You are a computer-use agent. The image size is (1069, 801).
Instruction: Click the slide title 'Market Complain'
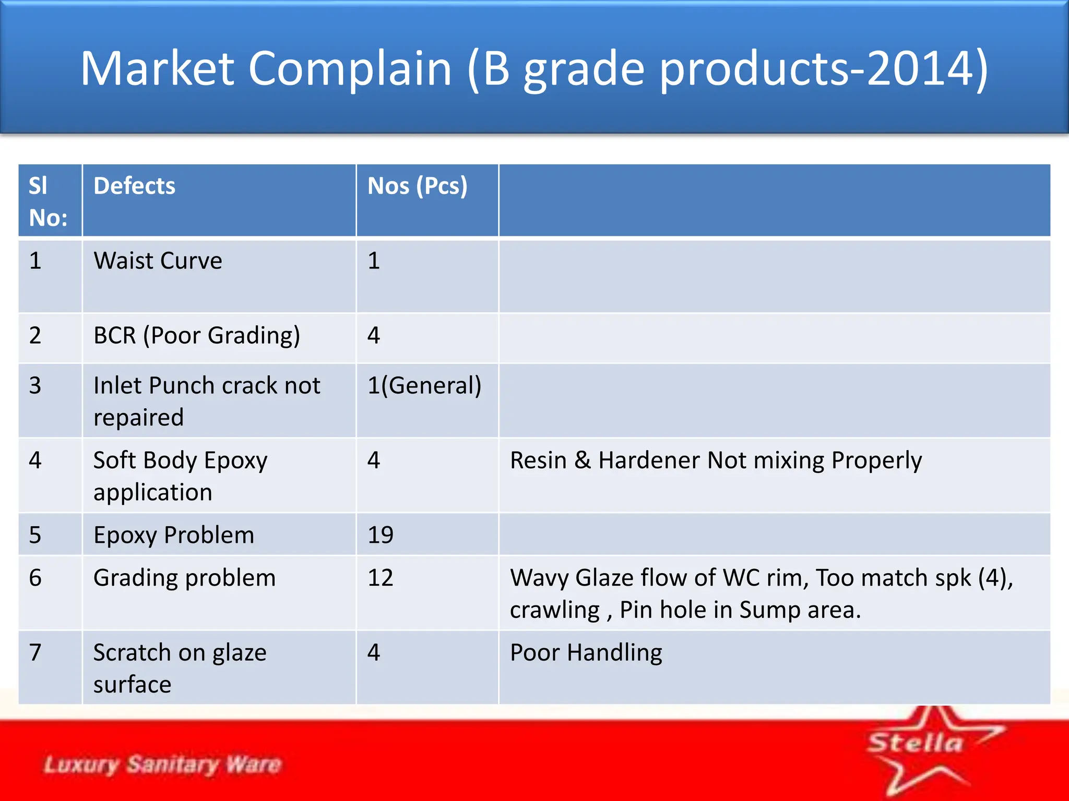point(533,69)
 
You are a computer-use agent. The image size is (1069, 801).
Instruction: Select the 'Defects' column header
point(134,186)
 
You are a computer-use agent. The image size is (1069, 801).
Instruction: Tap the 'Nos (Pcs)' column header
point(417,186)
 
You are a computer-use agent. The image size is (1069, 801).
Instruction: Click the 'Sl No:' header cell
point(47,201)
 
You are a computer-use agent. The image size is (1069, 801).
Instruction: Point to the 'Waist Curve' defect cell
point(158,261)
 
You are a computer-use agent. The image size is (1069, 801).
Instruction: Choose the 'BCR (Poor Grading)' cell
point(197,335)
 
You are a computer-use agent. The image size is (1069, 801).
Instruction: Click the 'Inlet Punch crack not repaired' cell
point(207,401)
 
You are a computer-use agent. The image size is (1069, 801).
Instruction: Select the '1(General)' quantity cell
point(424,386)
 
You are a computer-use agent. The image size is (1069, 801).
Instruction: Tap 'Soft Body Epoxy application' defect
point(180,476)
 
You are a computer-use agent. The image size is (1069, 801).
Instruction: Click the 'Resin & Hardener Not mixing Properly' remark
point(716,460)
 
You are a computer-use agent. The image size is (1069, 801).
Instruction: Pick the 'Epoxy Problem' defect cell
point(174,535)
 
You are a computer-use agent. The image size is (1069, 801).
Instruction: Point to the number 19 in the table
point(381,535)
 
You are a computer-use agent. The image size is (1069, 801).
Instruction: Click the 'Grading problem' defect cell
point(184,578)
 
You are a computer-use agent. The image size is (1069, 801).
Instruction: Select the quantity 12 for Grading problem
point(381,578)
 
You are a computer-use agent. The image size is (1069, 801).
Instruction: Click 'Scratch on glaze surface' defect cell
point(180,668)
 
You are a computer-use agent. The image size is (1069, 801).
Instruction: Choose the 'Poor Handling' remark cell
point(586,653)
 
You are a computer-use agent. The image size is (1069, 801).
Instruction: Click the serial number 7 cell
point(35,653)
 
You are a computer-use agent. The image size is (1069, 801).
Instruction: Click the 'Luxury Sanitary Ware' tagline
point(162,764)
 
